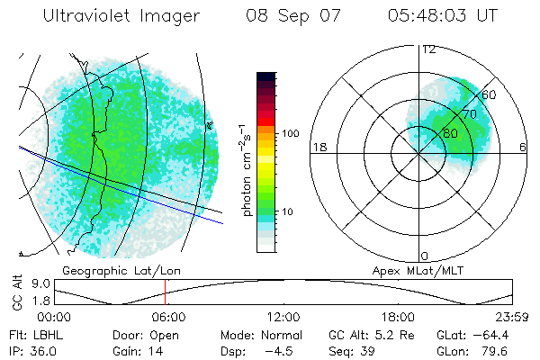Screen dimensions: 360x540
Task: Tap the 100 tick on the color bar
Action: tap(290, 133)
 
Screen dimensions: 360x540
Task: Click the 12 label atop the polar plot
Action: tap(428, 49)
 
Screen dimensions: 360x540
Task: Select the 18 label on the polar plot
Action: tap(319, 147)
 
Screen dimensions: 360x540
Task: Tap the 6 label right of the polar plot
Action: tap(523, 147)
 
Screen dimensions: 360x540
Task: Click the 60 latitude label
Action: tap(490, 94)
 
